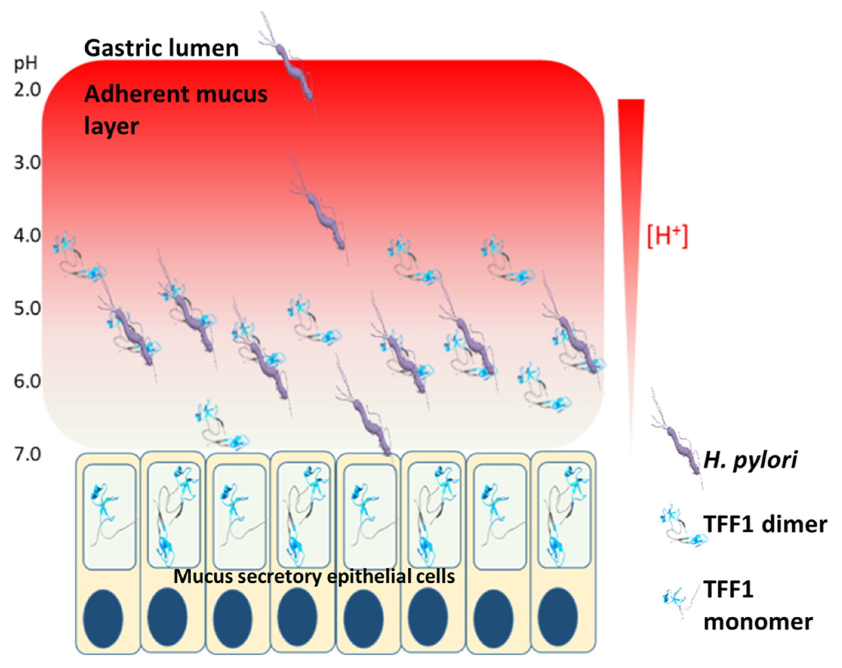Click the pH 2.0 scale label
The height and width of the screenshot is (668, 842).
click(27, 90)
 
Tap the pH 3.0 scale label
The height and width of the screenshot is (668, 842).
click(27, 163)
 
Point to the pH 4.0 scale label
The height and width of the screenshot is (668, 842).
click(27, 236)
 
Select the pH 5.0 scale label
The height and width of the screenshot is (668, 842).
click(27, 309)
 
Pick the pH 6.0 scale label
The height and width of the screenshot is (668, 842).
click(27, 382)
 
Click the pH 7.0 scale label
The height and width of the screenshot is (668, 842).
click(27, 454)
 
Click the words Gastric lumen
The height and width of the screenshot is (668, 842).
click(161, 49)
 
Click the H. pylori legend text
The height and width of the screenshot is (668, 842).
click(750, 460)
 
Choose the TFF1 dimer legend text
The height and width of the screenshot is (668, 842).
click(765, 524)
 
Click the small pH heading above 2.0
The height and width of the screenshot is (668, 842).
click(26, 64)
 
